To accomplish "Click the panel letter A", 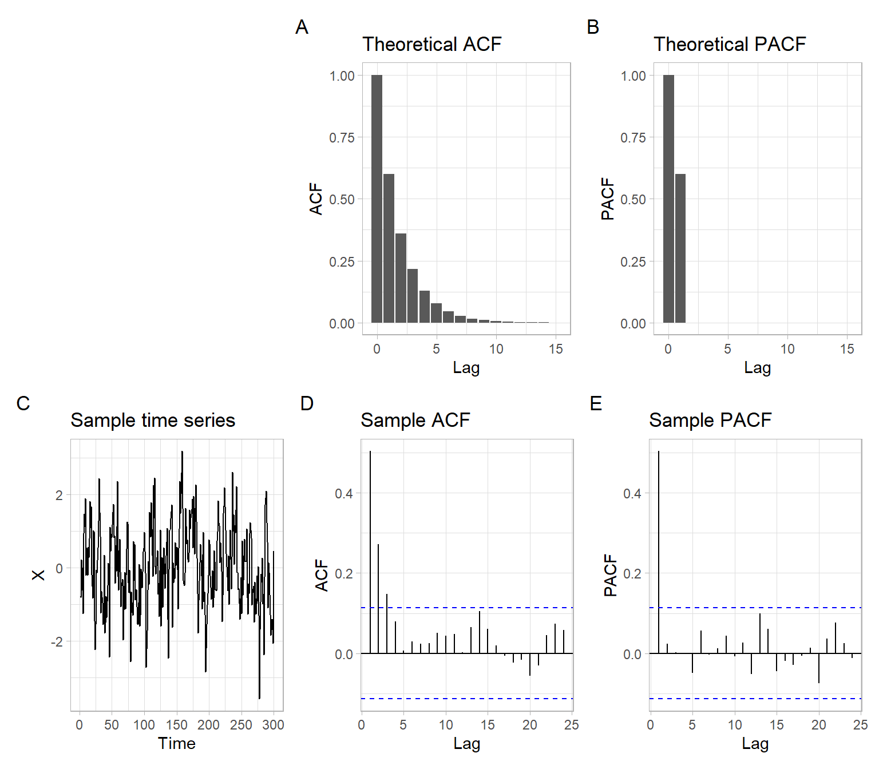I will coord(302,27).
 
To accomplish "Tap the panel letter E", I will coord(596,403).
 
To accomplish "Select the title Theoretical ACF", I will coord(431,44).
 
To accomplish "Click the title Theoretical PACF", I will coord(730,44).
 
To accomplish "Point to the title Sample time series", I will coord(153,421).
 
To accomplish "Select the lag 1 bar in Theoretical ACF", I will coord(389,248).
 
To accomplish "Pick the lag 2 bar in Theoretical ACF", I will coord(401,278).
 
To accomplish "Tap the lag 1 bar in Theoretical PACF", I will coord(680,248).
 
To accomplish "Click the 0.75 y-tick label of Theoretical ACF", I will coord(342,137).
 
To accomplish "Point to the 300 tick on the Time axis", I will coord(273,725).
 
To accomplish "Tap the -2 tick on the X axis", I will coord(57,642).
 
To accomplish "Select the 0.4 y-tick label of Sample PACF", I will coord(632,493).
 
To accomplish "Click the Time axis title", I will coord(177,743).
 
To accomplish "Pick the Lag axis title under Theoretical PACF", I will coord(757,367).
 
